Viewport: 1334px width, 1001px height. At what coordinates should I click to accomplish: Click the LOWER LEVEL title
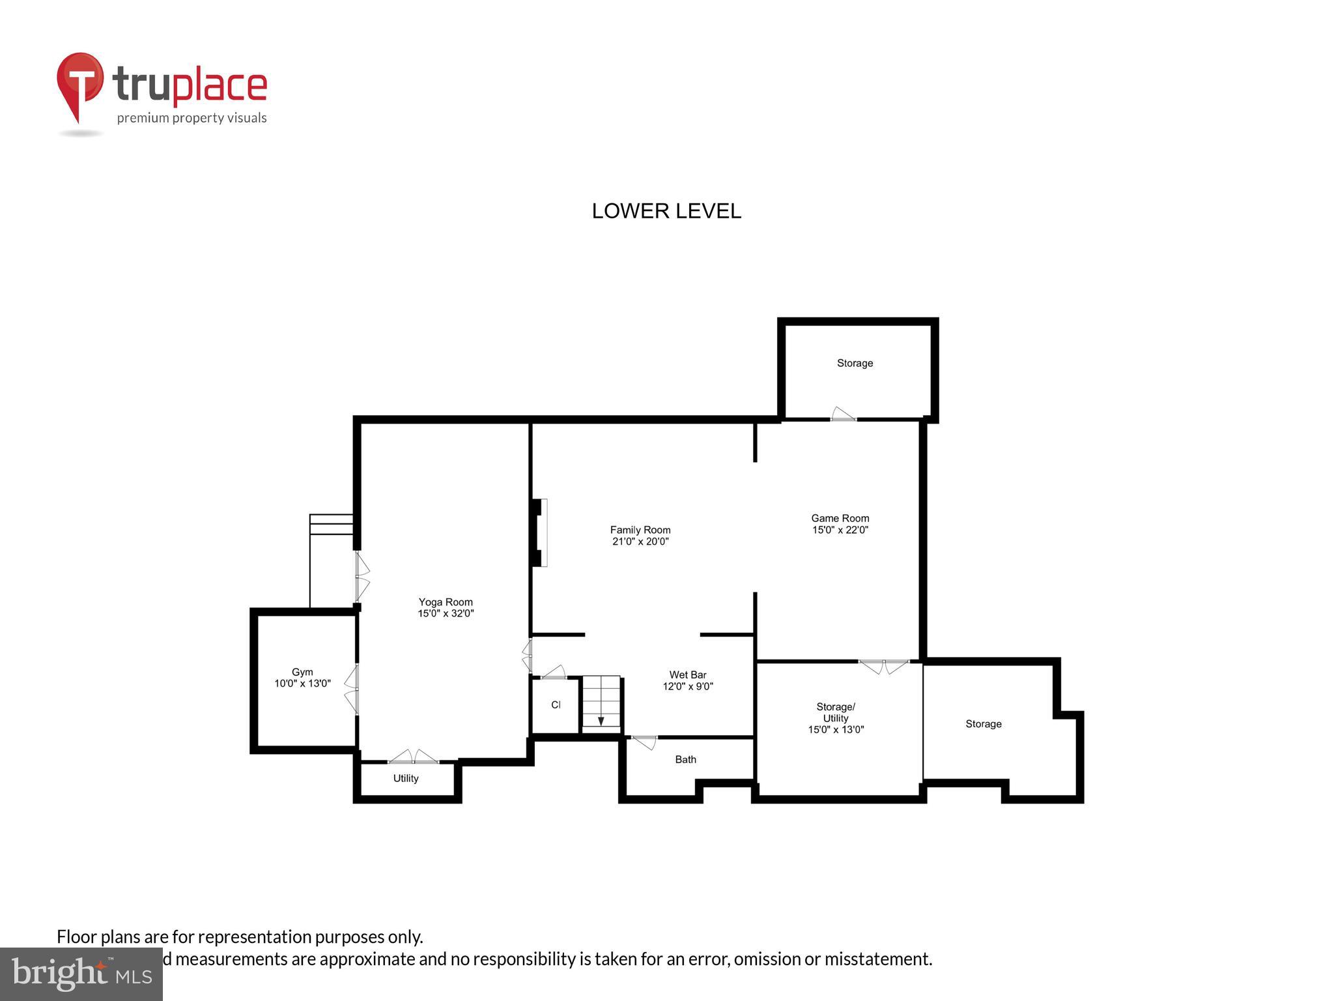coord(666,211)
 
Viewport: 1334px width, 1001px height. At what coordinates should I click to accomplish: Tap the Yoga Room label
coord(446,602)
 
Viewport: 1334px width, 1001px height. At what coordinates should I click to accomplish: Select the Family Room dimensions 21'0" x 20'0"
coord(640,542)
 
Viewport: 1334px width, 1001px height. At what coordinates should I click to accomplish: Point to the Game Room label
coord(840,519)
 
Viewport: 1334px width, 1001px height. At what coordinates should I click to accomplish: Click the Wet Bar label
coord(688,675)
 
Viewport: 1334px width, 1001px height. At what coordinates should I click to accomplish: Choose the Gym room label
coord(302,672)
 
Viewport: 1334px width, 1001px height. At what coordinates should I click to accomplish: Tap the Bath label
coord(685,759)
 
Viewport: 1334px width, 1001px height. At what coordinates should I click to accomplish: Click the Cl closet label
coord(556,705)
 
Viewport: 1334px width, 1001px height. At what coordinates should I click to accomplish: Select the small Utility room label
coord(406,778)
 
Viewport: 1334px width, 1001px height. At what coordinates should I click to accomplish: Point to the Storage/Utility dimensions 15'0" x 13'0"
coord(836,730)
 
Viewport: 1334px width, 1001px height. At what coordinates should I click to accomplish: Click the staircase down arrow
coord(601,720)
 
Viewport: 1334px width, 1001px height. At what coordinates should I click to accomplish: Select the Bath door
coord(645,742)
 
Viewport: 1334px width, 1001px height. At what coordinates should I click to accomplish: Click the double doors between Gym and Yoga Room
coord(352,688)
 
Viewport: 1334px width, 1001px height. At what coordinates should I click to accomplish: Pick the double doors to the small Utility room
coord(414,757)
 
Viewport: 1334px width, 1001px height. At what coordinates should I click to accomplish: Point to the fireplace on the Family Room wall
coord(539,532)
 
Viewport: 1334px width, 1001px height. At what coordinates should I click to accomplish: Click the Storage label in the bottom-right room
coord(983,724)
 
